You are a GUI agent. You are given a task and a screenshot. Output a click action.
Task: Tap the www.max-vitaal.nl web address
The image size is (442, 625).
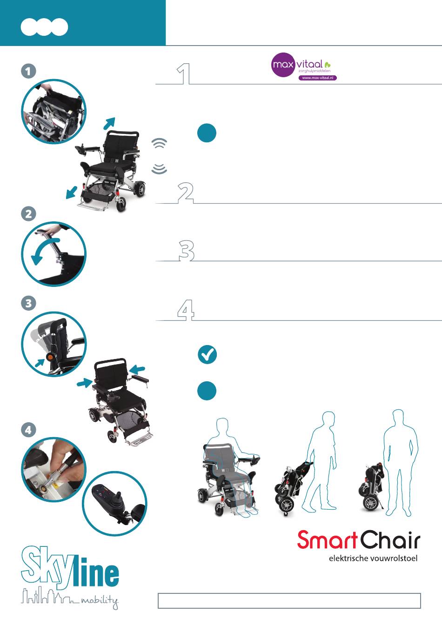(x=317, y=78)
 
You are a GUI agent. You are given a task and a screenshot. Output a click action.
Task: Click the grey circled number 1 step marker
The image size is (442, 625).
(x=28, y=71)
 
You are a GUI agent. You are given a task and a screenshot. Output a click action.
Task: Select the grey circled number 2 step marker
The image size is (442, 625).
(x=28, y=214)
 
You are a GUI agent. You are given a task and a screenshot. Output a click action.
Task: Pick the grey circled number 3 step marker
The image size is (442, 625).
(x=28, y=303)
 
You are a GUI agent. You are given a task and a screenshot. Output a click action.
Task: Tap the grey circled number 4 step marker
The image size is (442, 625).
(x=28, y=430)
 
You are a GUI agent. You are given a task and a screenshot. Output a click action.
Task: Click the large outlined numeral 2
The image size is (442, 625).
(x=186, y=193)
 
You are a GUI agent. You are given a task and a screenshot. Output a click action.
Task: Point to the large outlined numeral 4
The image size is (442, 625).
(x=186, y=310)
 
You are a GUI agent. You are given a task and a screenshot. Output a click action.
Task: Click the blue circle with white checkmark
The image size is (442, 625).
(x=207, y=354)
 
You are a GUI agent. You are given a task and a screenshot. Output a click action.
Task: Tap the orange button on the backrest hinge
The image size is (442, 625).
(x=50, y=357)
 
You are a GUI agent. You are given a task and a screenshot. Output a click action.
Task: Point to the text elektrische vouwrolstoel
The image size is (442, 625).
(x=373, y=558)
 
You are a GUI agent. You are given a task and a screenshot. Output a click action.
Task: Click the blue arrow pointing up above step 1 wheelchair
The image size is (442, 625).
(x=109, y=123)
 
